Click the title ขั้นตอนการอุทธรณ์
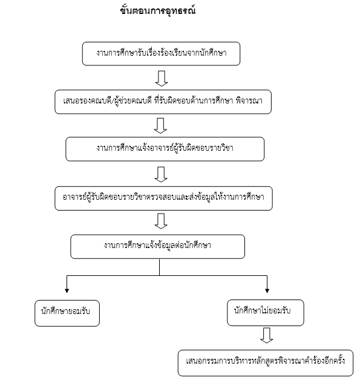(158, 11)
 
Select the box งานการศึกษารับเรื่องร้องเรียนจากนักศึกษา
(161, 54)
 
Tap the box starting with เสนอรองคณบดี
(163, 102)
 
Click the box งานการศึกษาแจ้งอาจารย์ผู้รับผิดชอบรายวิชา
(165, 149)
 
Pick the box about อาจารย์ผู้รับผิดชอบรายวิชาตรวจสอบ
(163, 198)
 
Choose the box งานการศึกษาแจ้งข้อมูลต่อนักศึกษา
(158, 246)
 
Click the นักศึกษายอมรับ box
(67, 313)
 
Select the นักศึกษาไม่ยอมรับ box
(266, 313)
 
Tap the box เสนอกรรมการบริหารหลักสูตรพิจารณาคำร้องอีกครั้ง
(266, 362)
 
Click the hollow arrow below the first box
(162, 79)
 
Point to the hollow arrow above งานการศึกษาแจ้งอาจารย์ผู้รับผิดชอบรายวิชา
(161, 126)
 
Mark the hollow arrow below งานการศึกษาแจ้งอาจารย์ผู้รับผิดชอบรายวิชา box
(161, 174)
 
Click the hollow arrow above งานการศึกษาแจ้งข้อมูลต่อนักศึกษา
(161, 221)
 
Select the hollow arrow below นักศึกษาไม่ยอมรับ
(267, 335)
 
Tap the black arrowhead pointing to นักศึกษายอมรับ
(67, 290)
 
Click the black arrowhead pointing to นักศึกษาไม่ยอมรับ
(267, 290)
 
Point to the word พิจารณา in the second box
(249, 101)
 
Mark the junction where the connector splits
(160, 275)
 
